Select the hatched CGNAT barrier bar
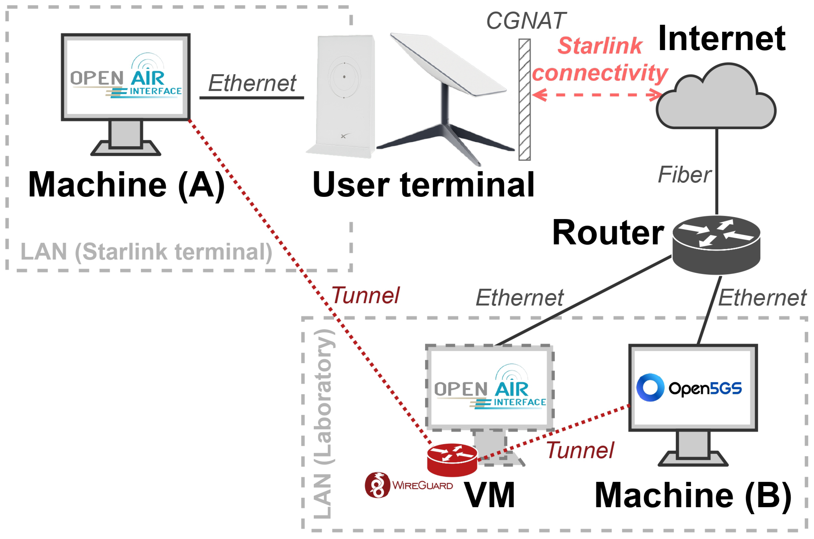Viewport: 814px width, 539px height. click(524, 100)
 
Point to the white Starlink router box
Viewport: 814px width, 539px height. click(344, 96)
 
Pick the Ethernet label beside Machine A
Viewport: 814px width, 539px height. click(252, 83)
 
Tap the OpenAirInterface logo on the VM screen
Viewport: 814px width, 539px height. click(490, 389)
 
